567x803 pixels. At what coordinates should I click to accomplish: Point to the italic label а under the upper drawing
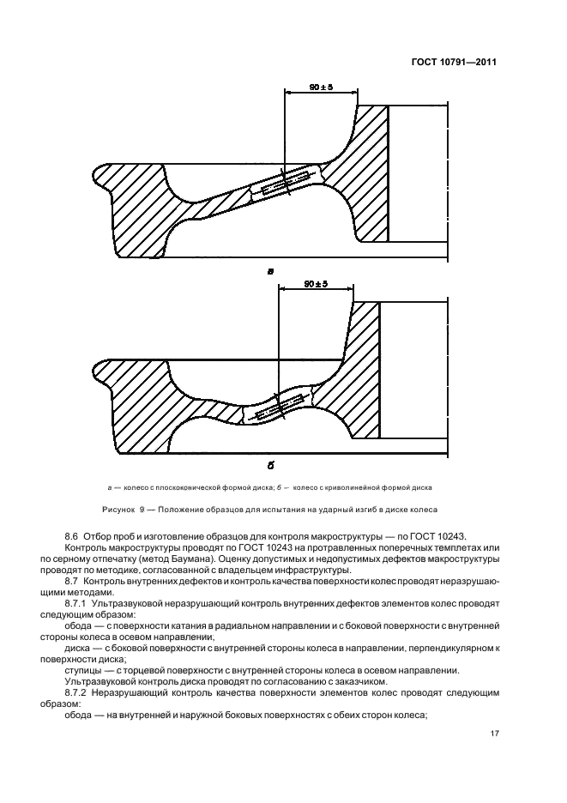[x=270, y=271]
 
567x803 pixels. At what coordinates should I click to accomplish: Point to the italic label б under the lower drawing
[x=269, y=465]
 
